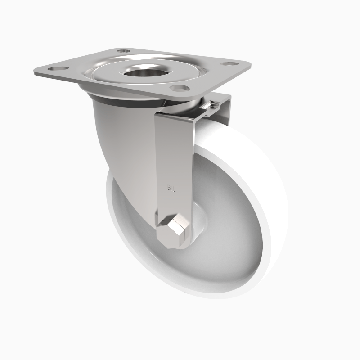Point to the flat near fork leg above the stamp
pos(173,148)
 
